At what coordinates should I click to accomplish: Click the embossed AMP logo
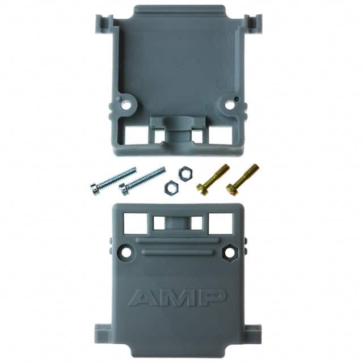coord(178,297)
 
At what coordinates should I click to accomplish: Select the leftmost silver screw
coord(113,181)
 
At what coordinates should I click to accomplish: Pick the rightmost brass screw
coord(243,180)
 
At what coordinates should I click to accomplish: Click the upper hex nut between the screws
coord(185,172)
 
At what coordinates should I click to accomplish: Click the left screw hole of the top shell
coord(126,105)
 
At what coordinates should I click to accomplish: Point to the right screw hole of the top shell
coord(229,104)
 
